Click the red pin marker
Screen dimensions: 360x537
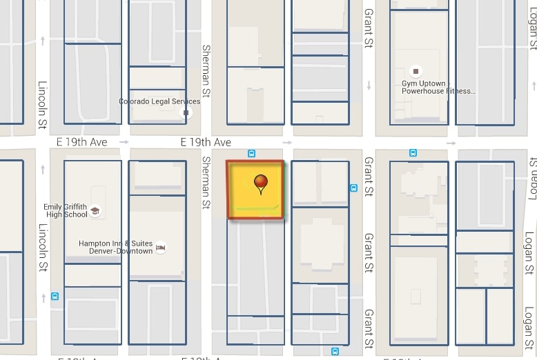[261, 183]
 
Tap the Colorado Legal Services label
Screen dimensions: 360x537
[159, 101]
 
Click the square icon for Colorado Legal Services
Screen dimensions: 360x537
[185, 112]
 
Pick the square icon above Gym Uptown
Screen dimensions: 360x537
[416, 70]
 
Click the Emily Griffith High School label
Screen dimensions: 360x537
[66, 210]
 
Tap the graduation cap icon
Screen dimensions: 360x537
[95, 210]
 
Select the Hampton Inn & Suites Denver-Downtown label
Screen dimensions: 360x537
[115, 247]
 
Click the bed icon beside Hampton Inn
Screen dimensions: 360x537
[161, 247]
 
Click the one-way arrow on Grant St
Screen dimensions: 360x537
[369, 86]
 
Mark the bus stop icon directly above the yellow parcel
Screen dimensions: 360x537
[252, 154]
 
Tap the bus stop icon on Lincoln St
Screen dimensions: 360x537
[55, 297]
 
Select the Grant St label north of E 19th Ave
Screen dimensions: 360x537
[369, 28]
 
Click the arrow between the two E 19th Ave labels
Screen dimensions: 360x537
[124, 142]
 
